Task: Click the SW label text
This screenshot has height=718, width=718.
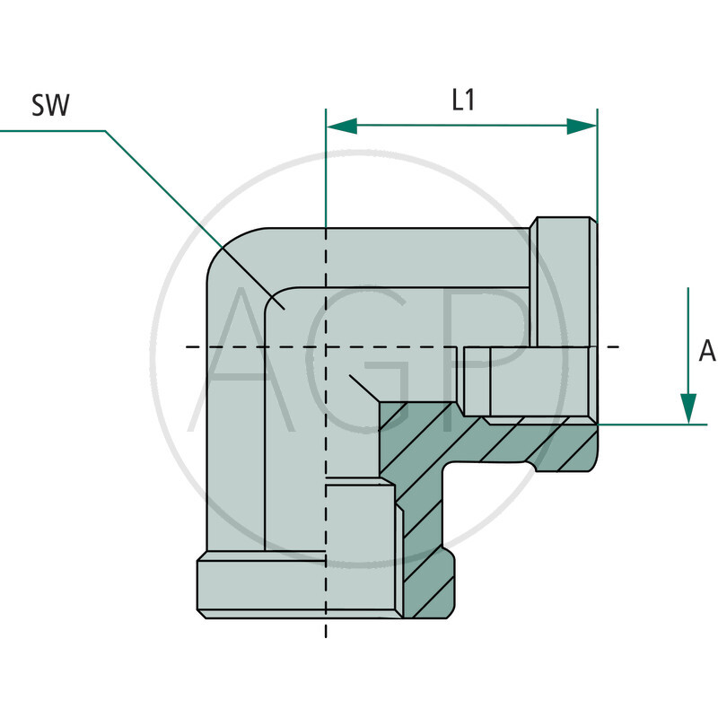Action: coord(51,106)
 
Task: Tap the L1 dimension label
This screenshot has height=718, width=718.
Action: coord(463,101)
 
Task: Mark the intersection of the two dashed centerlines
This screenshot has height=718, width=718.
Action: coord(326,346)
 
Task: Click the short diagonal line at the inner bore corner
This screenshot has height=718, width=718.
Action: coord(364,387)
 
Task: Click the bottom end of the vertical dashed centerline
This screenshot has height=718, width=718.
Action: coord(326,633)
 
